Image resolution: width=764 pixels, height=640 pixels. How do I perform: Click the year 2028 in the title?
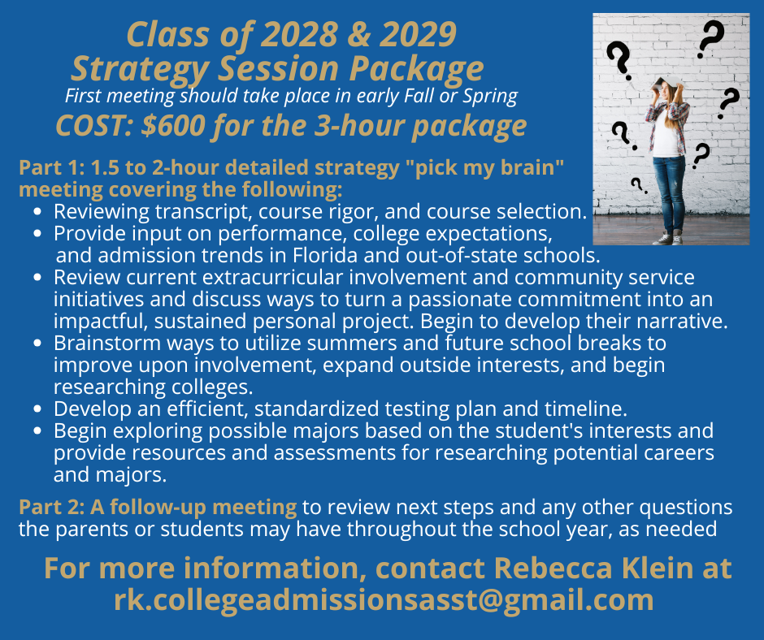point(300,35)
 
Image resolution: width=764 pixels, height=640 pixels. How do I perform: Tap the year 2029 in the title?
point(419,35)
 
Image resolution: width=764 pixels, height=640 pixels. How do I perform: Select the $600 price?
point(173,126)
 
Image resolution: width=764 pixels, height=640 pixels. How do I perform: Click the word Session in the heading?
point(279,68)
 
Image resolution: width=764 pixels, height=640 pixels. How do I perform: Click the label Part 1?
point(52,167)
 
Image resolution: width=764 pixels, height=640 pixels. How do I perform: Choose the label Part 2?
point(52,507)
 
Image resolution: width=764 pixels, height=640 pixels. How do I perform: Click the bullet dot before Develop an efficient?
point(37,409)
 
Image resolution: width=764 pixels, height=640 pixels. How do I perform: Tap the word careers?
point(679,453)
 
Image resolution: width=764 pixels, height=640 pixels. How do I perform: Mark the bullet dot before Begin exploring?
point(37,431)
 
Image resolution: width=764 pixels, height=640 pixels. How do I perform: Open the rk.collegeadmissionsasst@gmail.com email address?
point(384,600)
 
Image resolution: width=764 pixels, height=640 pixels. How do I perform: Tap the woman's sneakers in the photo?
point(670,239)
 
